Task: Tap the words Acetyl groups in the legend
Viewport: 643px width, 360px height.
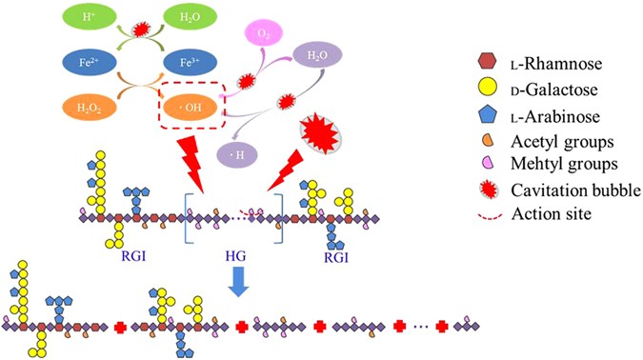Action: [550, 145]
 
